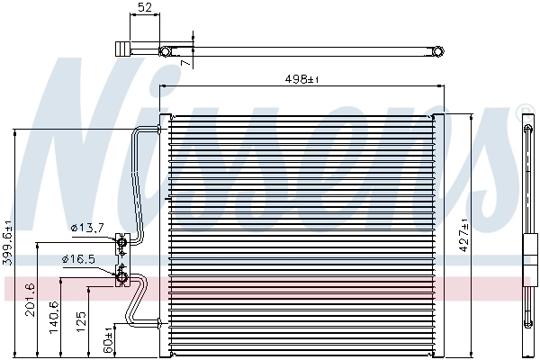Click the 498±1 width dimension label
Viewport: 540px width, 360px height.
(301, 80)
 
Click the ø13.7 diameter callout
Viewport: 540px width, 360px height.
(86, 229)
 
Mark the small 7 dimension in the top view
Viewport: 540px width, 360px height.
(185, 63)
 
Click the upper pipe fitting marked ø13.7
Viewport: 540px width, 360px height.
(121, 240)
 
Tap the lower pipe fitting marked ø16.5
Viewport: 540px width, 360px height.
(121, 276)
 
